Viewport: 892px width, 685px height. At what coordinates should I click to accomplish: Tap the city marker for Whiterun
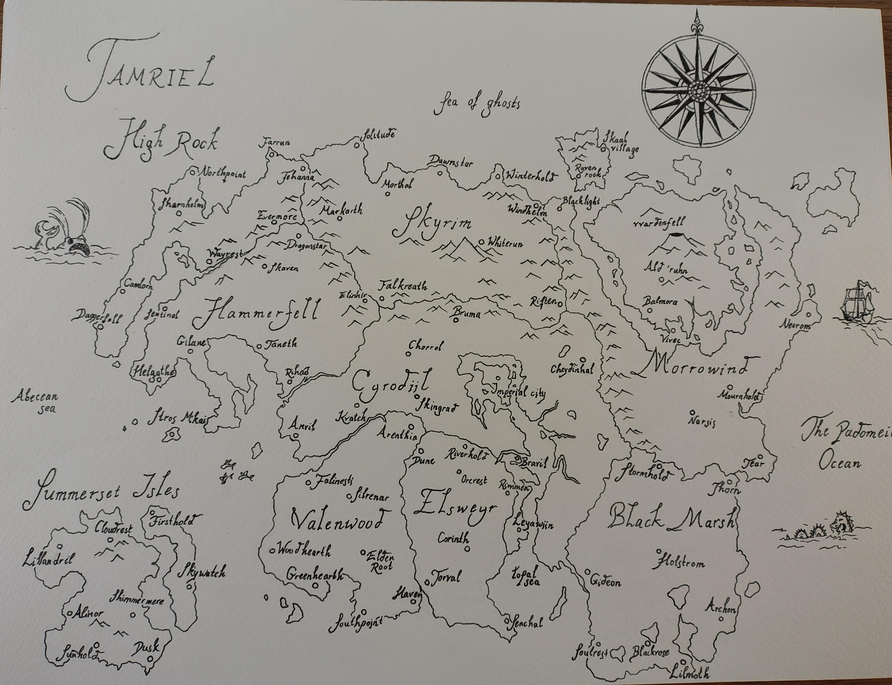pyautogui.click(x=481, y=241)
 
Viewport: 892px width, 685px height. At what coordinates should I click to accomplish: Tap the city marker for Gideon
pyautogui.click(x=587, y=572)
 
